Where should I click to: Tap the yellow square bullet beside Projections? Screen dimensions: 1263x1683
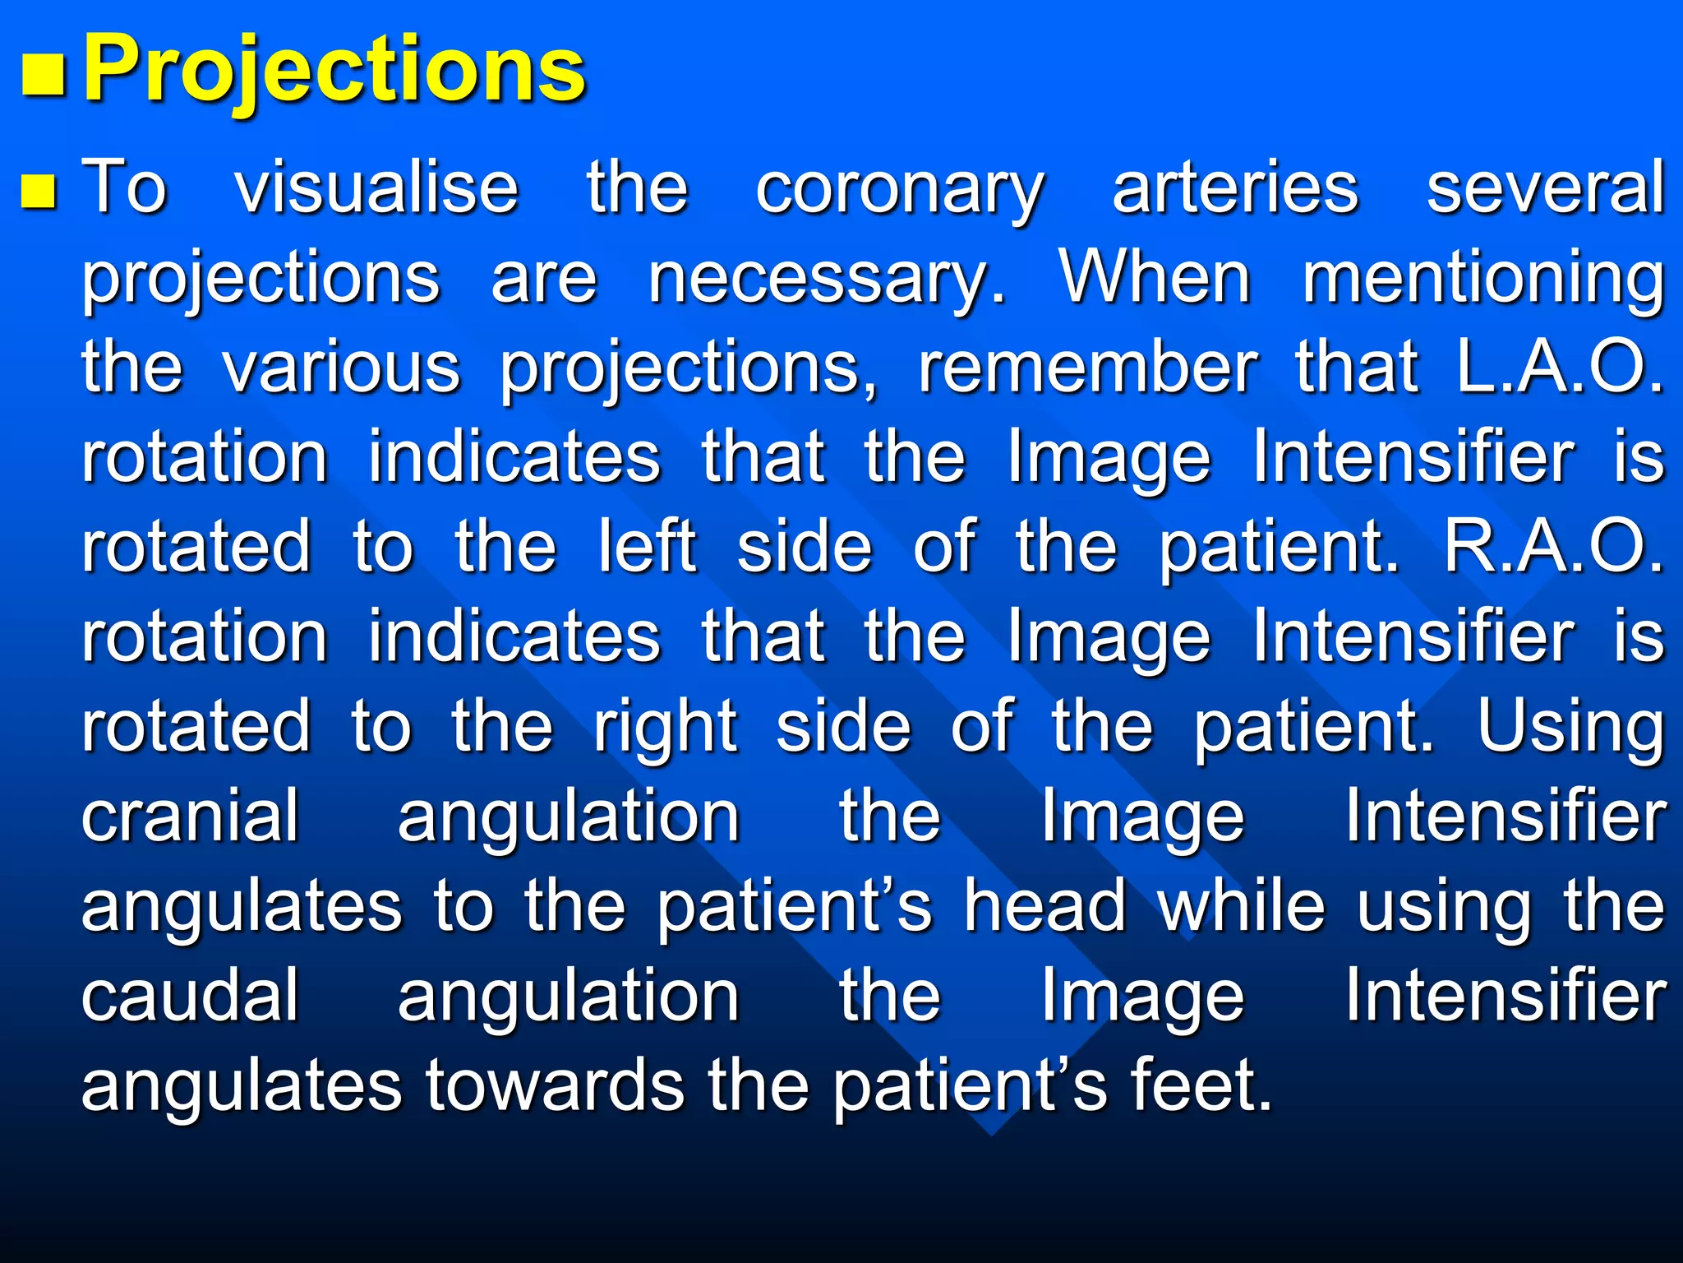pos(43,76)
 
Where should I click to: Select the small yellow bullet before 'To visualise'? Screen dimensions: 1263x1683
pos(39,188)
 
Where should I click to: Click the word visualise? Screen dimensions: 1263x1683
pos(377,187)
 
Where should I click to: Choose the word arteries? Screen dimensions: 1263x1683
pos(1234,187)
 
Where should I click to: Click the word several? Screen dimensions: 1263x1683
pos(1544,187)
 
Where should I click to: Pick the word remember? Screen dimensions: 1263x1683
pos(1087,368)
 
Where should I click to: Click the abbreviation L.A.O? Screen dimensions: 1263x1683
pos(1558,368)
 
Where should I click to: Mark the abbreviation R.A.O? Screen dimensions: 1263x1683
pos(1553,547)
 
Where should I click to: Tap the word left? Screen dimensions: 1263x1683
pos(648,547)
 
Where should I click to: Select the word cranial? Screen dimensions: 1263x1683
pos(190,817)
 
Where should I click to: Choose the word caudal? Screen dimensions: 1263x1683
pos(190,996)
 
